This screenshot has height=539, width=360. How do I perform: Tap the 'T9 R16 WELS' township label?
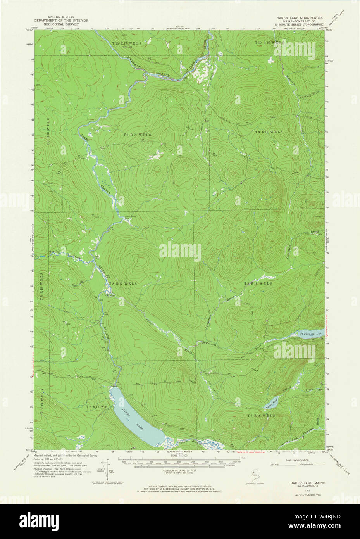pyautogui.click(x=269, y=132)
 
